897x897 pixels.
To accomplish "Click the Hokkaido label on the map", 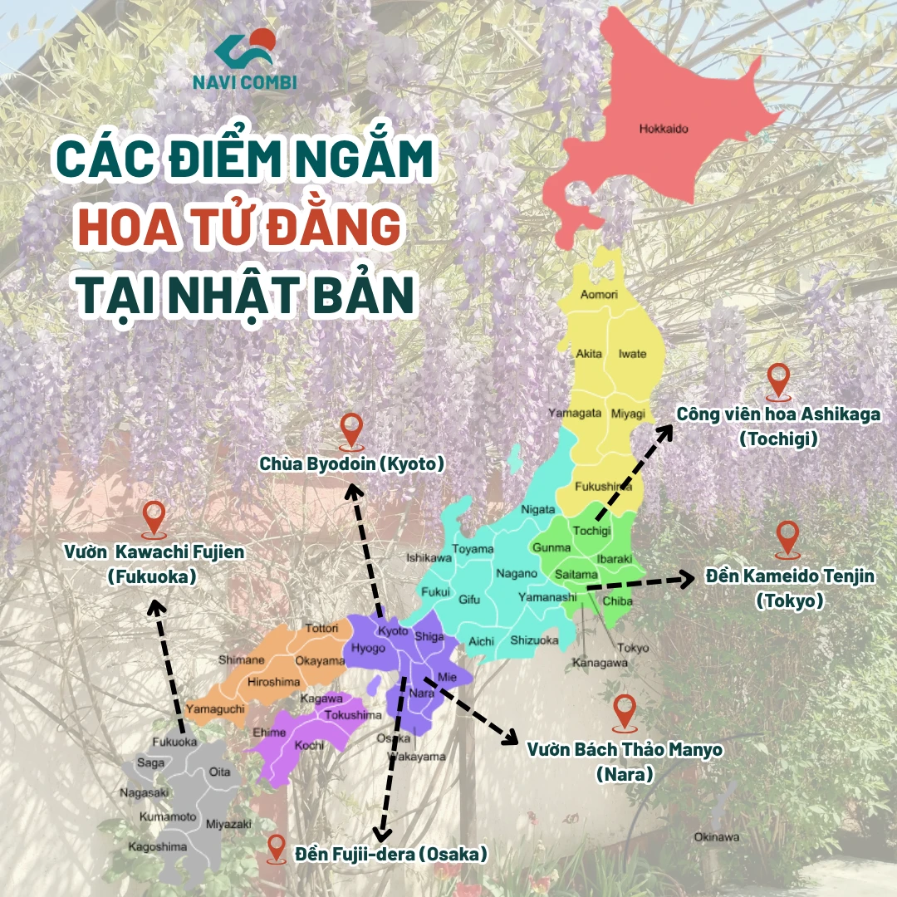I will click(664, 129).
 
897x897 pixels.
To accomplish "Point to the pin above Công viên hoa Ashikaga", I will click(778, 380).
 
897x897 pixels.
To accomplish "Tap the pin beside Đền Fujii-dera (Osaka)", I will click(277, 848).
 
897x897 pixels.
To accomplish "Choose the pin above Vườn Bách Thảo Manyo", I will click(624, 711).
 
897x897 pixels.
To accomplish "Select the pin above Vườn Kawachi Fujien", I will click(154, 517).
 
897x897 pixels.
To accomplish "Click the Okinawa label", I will click(716, 836).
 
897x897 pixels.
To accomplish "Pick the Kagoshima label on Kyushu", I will click(156, 847).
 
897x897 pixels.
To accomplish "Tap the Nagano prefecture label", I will click(517, 573).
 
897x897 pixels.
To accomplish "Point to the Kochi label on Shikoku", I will click(310, 745).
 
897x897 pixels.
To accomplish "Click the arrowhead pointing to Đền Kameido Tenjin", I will click(687, 579).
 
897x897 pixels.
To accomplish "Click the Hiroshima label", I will click(273, 682).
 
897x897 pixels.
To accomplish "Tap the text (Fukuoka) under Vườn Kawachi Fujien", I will click(152, 576).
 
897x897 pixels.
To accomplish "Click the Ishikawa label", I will click(429, 559).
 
